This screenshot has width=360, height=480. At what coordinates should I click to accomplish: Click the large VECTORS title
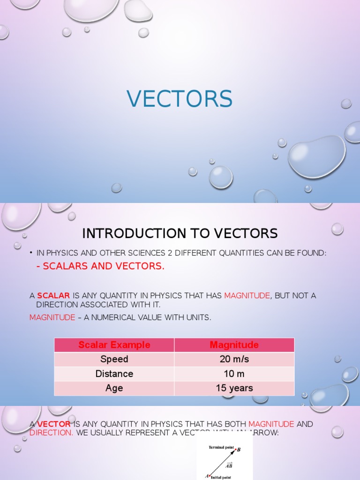180,99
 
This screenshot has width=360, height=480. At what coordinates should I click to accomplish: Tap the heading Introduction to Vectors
180,233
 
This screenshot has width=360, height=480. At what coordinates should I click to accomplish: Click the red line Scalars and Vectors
100,266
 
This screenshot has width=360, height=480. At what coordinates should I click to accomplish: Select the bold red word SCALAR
53,295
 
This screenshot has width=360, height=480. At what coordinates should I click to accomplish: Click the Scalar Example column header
114,345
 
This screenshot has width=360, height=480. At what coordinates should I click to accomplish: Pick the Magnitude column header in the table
234,345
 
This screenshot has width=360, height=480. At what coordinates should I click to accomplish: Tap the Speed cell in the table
114,360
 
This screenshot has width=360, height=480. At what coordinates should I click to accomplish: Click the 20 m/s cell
234,360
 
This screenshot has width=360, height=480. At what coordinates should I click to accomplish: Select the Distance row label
114,374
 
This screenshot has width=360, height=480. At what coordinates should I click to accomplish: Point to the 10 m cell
234,374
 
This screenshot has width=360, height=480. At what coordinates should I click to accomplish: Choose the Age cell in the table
114,388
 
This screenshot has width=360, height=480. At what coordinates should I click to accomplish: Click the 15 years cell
234,388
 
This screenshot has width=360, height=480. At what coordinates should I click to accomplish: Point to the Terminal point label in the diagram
221,448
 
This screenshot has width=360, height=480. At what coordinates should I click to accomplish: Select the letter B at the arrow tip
239,450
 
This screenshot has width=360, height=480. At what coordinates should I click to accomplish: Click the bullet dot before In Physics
31,253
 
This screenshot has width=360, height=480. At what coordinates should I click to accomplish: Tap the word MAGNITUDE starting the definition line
52,317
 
